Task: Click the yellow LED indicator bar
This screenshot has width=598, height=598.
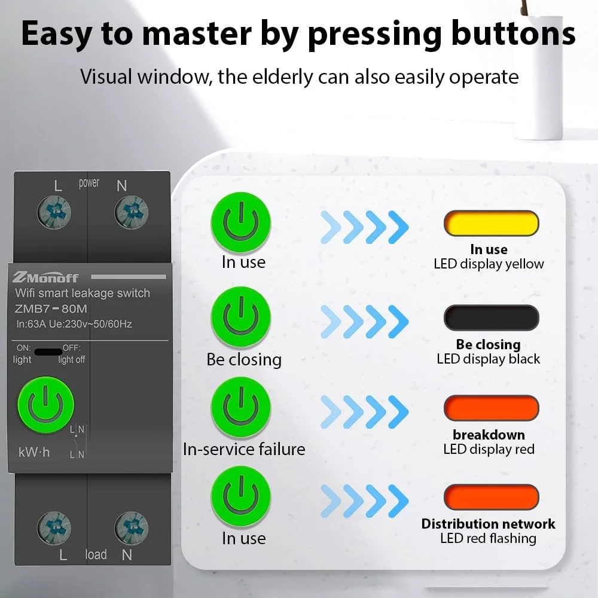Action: (x=491, y=223)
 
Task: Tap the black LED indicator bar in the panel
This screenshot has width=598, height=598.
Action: (x=491, y=318)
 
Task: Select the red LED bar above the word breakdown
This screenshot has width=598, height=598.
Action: (x=491, y=408)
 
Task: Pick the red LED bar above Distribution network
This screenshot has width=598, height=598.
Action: (x=491, y=497)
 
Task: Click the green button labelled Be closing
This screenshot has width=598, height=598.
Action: (x=240, y=317)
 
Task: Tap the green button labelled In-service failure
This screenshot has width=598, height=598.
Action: (x=240, y=407)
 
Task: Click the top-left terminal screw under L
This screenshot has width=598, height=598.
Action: (x=54, y=212)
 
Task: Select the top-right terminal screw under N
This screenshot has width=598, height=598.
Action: (x=131, y=212)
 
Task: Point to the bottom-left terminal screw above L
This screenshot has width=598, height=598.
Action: (x=54, y=528)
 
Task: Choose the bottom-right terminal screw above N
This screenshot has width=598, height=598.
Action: (x=131, y=528)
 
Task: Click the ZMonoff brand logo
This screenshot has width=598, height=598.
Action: (x=45, y=277)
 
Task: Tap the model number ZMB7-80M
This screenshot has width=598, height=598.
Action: (x=51, y=309)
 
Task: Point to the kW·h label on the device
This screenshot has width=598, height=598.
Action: (x=34, y=452)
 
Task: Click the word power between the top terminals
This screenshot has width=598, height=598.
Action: (x=89, y=184)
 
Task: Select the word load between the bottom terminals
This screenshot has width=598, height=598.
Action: (x=96, y=554)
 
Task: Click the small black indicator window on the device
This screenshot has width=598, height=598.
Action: (x=48, y=352)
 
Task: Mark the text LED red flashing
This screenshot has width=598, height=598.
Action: (x=488, y=538)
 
